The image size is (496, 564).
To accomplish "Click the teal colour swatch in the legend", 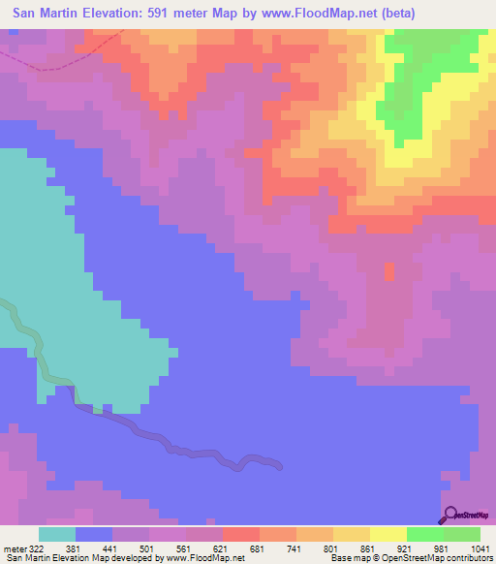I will coord(57,534).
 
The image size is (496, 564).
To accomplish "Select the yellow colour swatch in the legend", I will coord(388,534).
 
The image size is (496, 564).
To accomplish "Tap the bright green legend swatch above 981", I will coord(425,534).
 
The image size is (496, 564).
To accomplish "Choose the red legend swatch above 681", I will coord(241,534).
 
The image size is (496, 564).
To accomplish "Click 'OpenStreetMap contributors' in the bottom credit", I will coord(437,558).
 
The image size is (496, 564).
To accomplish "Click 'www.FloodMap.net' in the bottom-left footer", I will coord(201,558).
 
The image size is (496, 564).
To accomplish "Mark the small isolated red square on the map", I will coord(389,272).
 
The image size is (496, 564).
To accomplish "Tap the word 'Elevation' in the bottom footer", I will coord(64,558).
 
